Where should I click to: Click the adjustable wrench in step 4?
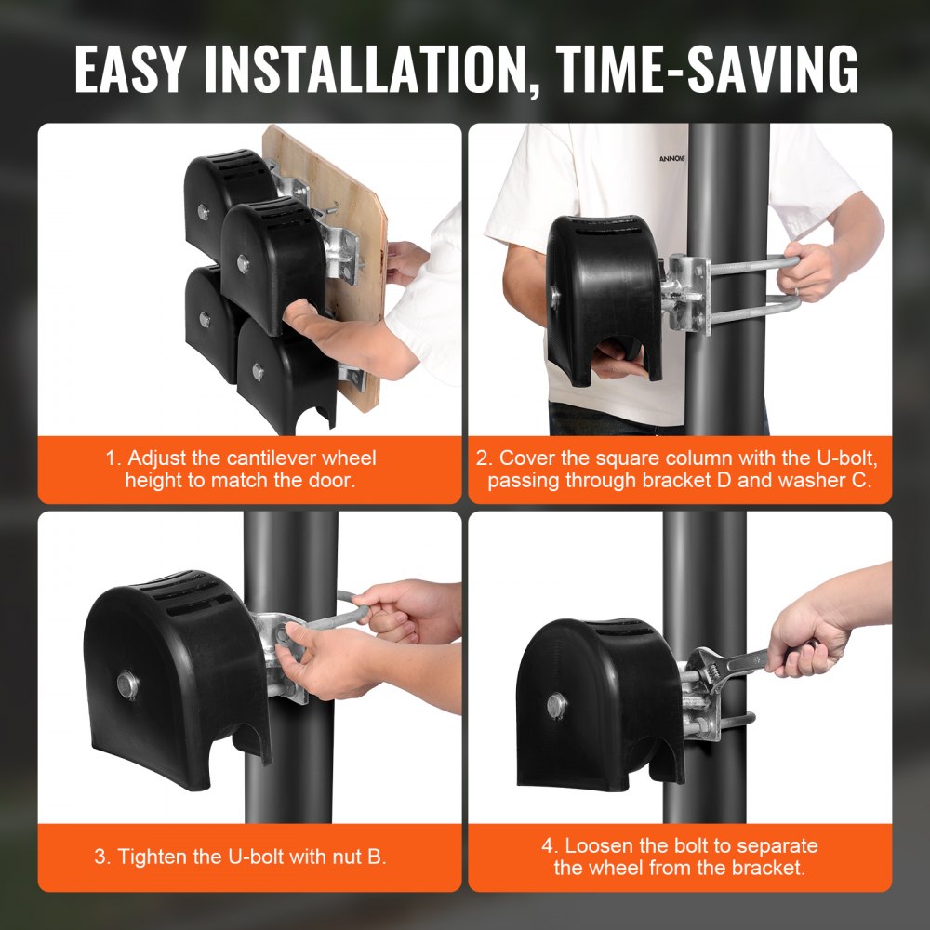735,662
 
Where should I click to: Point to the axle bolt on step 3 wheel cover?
126,687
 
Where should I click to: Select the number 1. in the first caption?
113,458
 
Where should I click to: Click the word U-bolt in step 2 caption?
834,458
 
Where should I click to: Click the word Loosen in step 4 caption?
597,845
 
